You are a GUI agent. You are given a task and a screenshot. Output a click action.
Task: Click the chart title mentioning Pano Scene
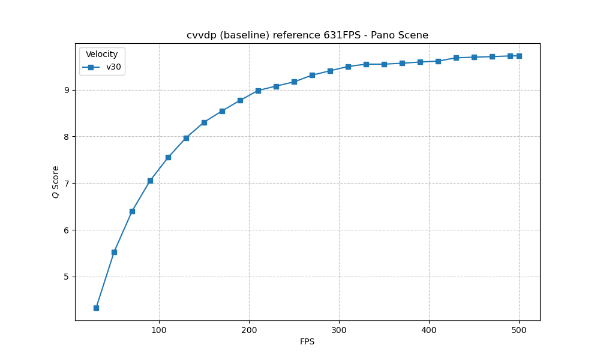307,35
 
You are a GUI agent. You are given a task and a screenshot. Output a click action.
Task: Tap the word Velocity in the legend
101,55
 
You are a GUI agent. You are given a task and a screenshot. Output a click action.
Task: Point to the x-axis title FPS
307,342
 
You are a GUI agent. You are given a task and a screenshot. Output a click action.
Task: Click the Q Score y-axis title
56,182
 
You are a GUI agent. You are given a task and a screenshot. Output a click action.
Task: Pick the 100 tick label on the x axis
159,329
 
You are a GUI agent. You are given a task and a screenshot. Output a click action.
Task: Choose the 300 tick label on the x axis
339,329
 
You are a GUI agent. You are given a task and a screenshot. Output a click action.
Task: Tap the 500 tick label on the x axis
519,329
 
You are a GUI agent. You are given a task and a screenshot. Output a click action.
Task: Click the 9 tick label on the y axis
67,90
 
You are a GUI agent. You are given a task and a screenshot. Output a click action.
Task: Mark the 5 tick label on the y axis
67,277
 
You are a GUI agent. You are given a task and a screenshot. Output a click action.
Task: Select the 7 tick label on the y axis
67,183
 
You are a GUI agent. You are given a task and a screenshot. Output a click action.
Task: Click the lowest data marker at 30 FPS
96,308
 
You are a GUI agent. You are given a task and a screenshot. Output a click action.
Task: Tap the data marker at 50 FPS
114,252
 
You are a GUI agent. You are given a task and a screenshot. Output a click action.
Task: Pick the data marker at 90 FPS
150,181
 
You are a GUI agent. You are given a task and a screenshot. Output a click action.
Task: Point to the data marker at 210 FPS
258,91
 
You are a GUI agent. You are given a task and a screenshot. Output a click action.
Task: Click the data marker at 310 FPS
348,67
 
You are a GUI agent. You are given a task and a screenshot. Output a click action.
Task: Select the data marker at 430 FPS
456,58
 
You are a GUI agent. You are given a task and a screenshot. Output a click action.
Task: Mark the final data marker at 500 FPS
519,56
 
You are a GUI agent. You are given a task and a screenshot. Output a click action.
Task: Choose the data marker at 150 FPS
204,122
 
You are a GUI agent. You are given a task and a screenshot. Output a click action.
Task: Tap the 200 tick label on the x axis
249,329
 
